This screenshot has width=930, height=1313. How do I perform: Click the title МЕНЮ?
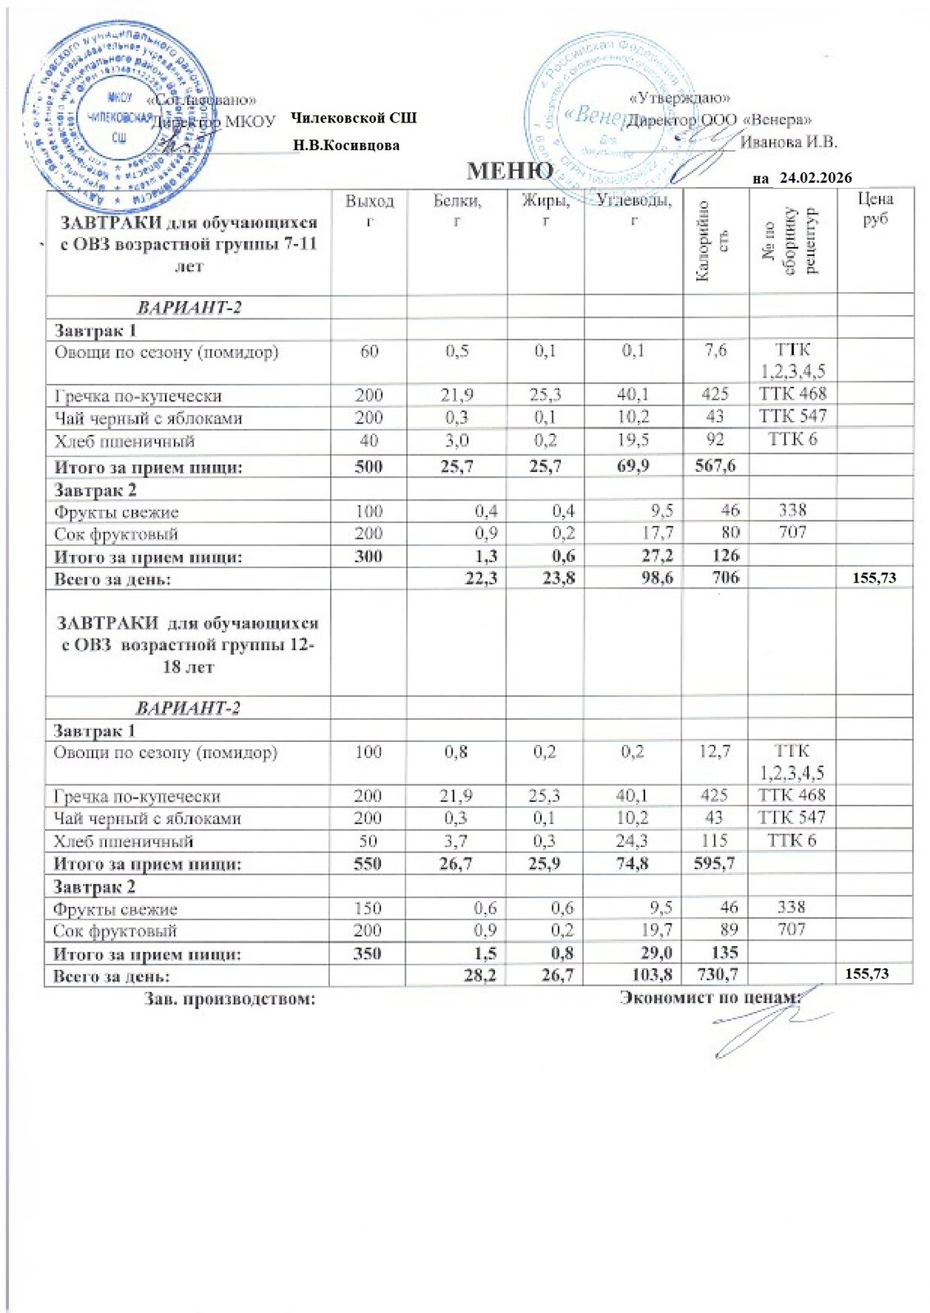click(x=510, y=171)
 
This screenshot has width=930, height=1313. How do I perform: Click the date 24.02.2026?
click(x=815, y=177)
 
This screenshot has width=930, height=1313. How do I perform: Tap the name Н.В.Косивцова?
click(x=346, y=145)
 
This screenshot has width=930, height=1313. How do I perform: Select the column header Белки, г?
click(x=457, y=211)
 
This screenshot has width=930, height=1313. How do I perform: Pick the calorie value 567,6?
click(x=715, y=466)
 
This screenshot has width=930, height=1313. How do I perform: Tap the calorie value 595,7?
click(x=714, y=863)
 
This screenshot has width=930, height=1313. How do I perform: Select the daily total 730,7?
click(x=715, y=974)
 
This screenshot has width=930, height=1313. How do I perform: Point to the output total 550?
click(x=369, y=863)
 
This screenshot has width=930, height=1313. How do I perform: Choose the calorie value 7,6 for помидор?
click(x=716, y=350)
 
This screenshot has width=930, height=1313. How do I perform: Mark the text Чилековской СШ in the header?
click(x=354, y=118)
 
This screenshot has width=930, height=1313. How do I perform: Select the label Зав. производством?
click(x=230, y=999)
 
